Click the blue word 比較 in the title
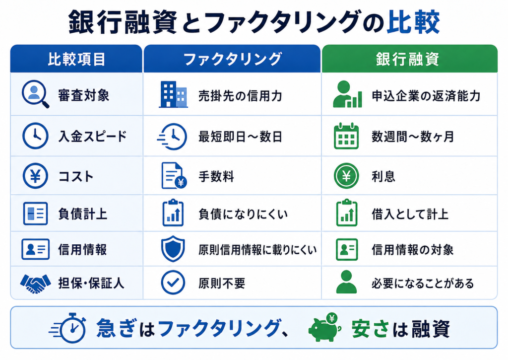(413, 22)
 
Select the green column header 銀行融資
(408, 60)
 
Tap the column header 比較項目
(76, 60)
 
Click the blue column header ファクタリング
(232, 60)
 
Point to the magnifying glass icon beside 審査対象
(35, 94)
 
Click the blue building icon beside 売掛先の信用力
(173, 94)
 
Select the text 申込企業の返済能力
(426, 96)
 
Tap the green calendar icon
(346, 136)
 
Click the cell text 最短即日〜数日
(240, 137)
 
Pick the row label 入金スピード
(92, 137)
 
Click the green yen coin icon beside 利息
(346, 176)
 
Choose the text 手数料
(216, 177)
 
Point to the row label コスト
(76, 177)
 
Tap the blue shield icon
(173, 249)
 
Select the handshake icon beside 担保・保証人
(35, 284)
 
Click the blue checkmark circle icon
(173, 283)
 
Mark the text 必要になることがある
(423, 284)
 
